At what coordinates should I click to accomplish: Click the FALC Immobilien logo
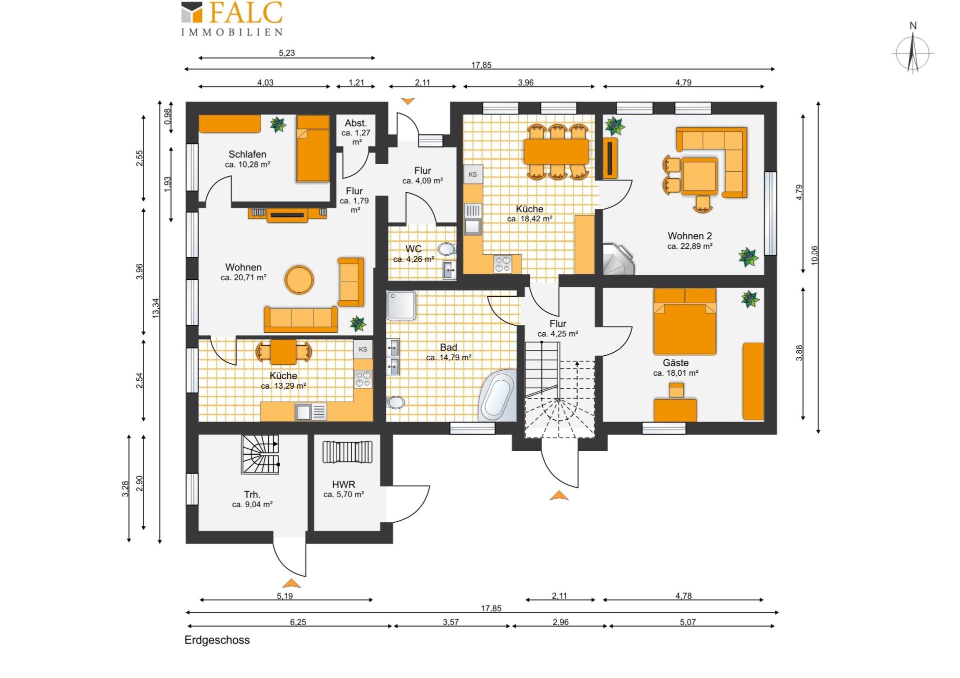point(232,19)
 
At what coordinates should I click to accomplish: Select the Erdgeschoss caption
point(217,640)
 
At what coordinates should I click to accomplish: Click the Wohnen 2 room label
point(689,236)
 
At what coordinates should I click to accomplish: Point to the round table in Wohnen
point(299,279)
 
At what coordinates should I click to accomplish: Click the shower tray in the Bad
point(401,305)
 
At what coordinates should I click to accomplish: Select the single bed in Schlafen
point(313,148)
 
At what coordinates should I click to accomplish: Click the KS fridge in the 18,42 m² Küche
point(473,174)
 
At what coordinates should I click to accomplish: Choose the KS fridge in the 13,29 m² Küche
point(363,349)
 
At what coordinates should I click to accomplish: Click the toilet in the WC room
point(446,249)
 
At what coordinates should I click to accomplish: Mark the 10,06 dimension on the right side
point(814,255)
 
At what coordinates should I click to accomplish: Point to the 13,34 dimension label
point(155,308)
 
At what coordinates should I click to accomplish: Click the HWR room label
point(343,485)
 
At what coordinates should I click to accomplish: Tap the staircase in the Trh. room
point(260,454)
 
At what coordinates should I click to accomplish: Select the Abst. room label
point(356,123)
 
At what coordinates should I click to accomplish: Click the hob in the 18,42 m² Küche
point(503,264)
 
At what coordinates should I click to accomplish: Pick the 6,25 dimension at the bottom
point(298,622)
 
